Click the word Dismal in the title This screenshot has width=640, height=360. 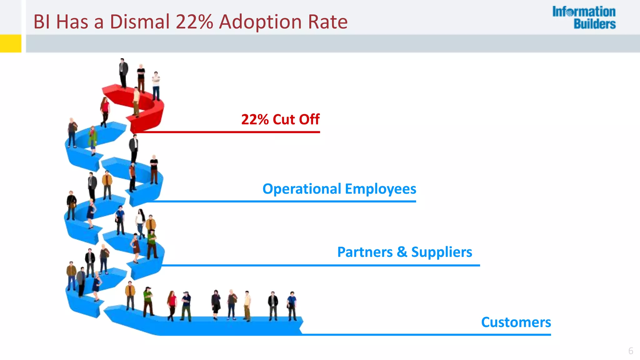point(140,22)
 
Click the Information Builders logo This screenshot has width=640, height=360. point(584,18)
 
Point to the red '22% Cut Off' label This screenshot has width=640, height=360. point(280,119)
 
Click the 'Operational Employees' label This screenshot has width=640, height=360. point(339,189)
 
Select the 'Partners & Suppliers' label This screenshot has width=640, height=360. point(405,252)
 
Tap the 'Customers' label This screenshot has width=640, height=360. point(516,322)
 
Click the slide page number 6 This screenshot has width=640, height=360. point(631,351)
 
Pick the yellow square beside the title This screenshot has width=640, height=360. point(11,43)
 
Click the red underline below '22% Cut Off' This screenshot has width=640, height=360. point(228,132)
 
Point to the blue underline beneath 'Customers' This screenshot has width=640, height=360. point(425,335)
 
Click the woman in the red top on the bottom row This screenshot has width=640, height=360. point(172,305)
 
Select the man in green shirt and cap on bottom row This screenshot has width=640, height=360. point(148,301)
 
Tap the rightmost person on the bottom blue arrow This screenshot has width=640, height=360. point(292,306)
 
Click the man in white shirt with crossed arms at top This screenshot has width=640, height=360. point(156,85)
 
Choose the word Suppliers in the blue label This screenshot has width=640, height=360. point(442,252)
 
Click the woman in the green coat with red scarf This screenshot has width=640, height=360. point(93,140)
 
